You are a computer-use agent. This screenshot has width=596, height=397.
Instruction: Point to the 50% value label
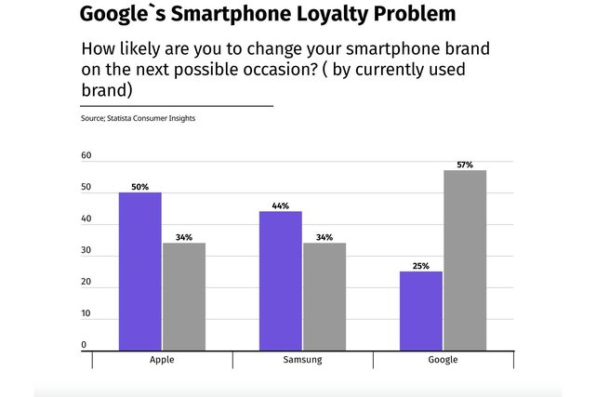[139, 187]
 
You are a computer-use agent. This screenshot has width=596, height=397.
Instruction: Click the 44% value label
[280, 205]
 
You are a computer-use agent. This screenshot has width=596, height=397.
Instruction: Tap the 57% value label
[464, 165]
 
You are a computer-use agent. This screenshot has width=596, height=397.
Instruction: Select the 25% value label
[420, 266]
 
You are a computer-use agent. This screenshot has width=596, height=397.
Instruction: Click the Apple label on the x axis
[163, 359]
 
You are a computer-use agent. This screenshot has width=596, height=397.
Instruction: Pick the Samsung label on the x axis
[302, 359]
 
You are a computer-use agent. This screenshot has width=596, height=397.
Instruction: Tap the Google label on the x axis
[442, 359]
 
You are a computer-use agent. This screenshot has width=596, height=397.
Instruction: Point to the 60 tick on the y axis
[86, 156]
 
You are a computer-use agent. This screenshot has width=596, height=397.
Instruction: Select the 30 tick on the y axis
[86, 251]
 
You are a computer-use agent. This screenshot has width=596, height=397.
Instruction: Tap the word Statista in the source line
[124, 118]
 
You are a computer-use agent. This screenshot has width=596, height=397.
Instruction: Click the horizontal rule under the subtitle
[177, 106]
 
